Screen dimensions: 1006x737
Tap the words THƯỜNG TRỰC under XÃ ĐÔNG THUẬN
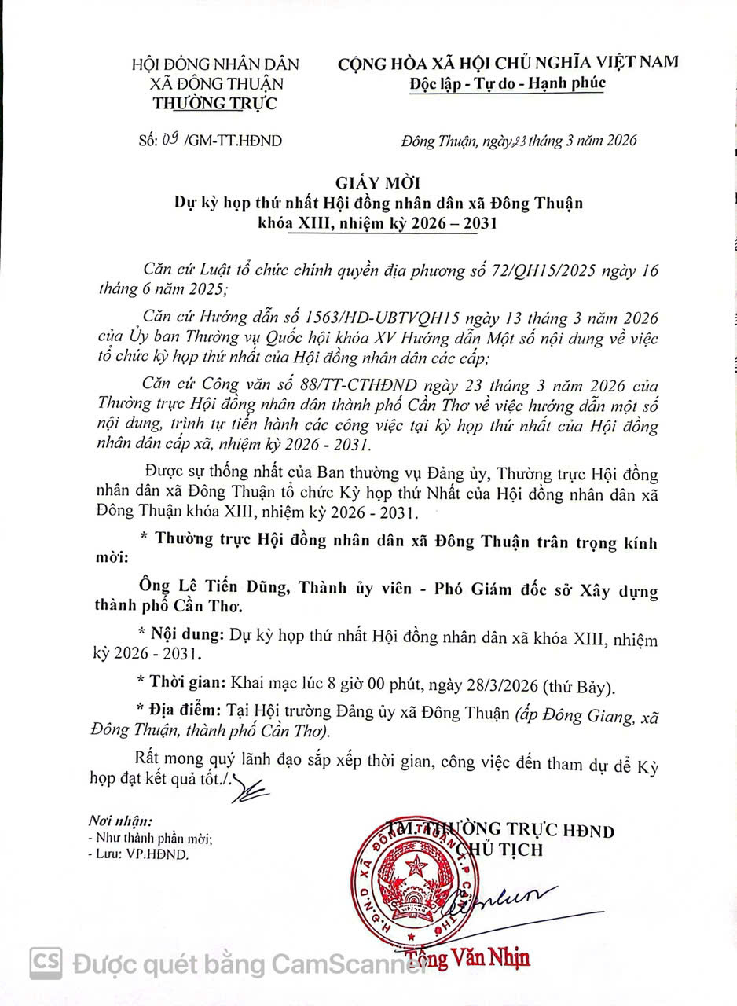pyautogui.click(x=214, y=103)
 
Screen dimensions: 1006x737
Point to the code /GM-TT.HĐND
pyautogui.click(x=232, y=141)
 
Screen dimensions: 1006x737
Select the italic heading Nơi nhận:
pyautogui.click(x=120, y=821)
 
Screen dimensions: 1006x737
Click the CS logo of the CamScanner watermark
pyautogui.click(x=46, y=963)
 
